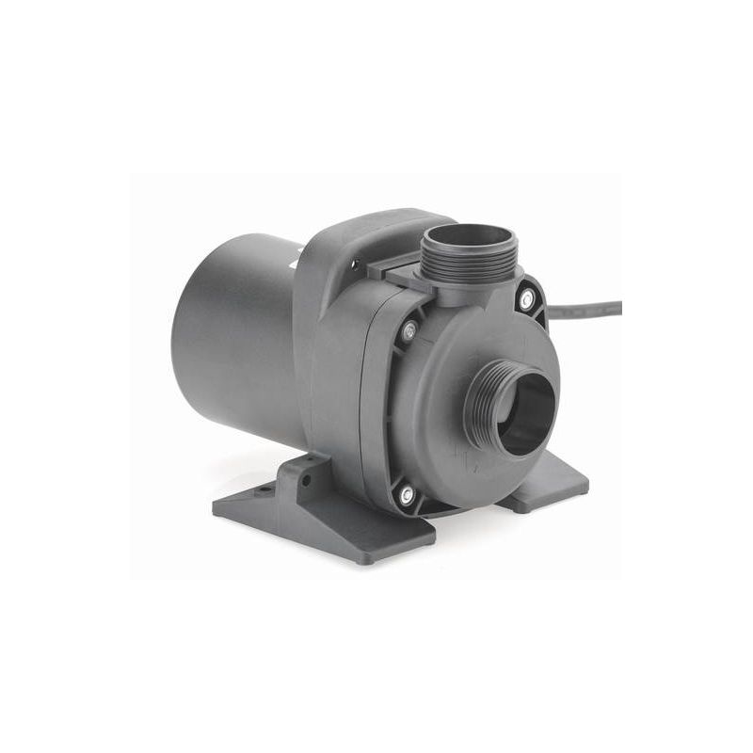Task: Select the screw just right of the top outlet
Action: pos(527,298)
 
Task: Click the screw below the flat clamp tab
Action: pos(409,330)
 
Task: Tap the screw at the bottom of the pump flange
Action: pos(408,493)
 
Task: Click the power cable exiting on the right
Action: pos(593,305)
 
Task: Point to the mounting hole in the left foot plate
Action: pos(266,489)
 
